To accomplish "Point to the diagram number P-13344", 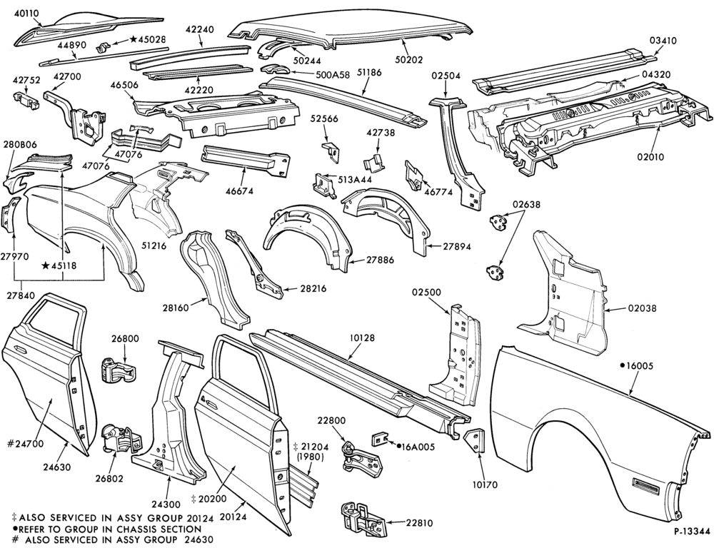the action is tap(692, 532).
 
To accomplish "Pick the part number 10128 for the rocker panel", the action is tap(362, 338).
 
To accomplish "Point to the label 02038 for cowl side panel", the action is tap(642, 308).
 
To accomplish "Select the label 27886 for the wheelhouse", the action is tap(379, 260).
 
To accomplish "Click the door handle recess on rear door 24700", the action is tap(19, 350).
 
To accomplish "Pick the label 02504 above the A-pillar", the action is tap(447, 76).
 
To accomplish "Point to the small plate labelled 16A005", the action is tap(379, 440).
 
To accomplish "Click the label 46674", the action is tap(239, 191).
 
